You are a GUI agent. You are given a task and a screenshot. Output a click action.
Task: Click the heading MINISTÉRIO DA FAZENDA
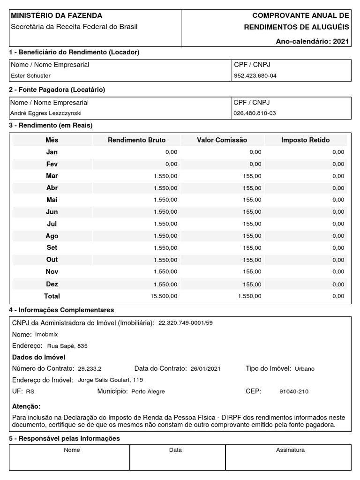pyautogui.click(x=56, y=16)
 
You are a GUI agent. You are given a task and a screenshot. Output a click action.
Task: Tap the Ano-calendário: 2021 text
pyautogui.click(x=313, y=41)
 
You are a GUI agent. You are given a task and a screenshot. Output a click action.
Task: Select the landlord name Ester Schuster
pyautogui.click(x=30, y=75)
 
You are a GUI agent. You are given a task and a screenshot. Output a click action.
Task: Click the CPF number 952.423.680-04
pyautogui.click(x=255, y=75)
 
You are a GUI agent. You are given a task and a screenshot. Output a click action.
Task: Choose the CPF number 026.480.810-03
pyautogui.click(x=255, y=113)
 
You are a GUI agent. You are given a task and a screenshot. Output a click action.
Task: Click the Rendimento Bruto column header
pyautogui.click(x=136, y=140)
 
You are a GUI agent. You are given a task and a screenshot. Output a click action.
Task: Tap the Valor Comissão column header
pyautogui.click(x=222, y=140)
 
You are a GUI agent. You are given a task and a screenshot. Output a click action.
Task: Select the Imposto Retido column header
pyautogui.click(x=305, y=140)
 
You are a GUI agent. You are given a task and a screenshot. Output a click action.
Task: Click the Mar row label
pyautogui.click(x=52, y=176)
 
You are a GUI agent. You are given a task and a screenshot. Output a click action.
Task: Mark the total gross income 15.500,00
pyautogui.click(x=164, y=296)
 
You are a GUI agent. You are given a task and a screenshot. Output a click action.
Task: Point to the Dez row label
pyautogui.click(x=52, y=284)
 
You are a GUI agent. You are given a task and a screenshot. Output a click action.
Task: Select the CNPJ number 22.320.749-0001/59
pyautogui.click(x=185, y=323)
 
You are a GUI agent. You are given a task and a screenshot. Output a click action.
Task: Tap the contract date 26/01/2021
pyautogui.click(x=205, y=369)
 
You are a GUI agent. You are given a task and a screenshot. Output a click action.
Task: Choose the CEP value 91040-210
pyautogui.click(x=294, y=391)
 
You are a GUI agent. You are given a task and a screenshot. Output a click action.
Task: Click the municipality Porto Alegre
pyautogui.click(x=148, y=391)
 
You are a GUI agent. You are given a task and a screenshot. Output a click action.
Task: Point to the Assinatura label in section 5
pyautogui.click(x=290, y=450)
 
